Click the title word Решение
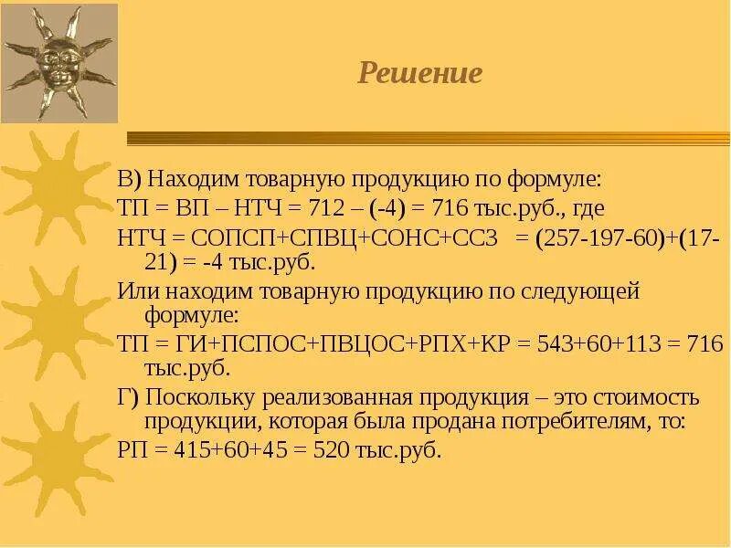(x=419, y=73)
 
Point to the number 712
(x=356, y=207)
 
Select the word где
(x=583, y=208)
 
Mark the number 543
(x=556, y=344)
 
